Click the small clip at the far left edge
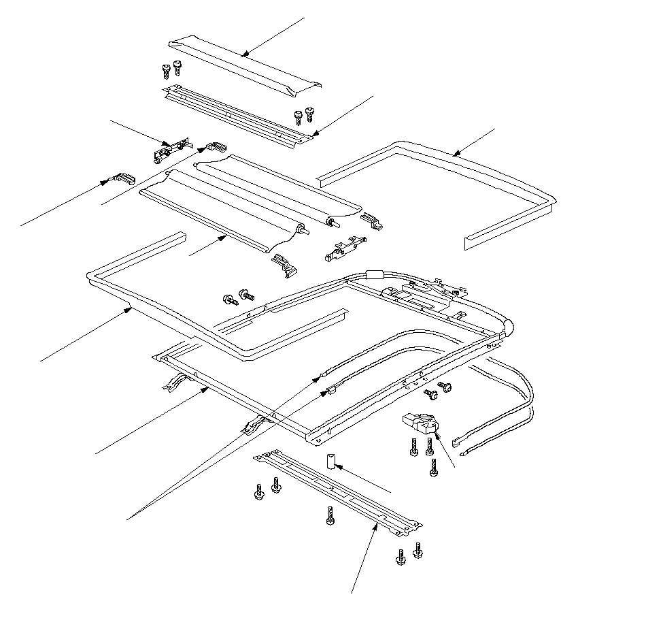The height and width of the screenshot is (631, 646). click(x=123, y=179)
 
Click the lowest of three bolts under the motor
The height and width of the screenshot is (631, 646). click(x=433, y=468)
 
